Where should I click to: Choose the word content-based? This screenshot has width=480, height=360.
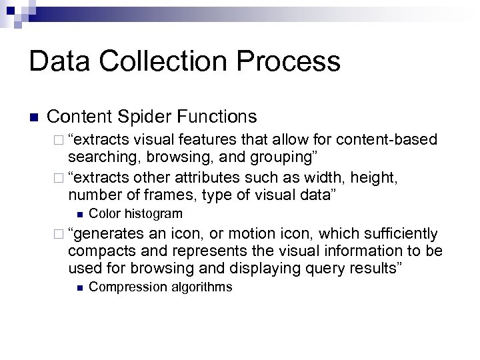(388, 140)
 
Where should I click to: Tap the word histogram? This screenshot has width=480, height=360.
(151, 213)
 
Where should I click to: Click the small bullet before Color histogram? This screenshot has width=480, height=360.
(79, 214)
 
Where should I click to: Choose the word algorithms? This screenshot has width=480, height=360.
(199, 287)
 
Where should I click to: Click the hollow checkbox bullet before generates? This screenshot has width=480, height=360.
(61, 235)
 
